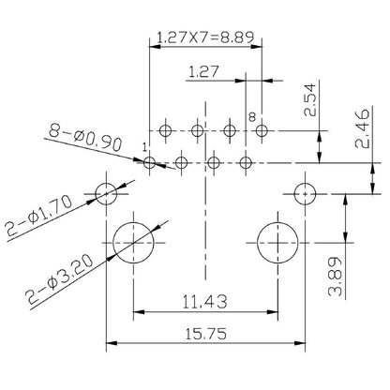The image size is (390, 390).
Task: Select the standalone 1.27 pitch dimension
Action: (x=204, y=70)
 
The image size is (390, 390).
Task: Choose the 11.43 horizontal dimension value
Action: (x=204, y=301)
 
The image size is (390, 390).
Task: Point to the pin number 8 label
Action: (x=251, y=115)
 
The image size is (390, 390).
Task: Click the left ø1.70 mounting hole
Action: (x=105, y=194)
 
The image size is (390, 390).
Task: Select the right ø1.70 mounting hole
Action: (x=306, y=194)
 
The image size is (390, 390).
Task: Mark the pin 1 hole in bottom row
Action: (x=150, y=163)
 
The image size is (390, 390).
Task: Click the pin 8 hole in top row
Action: (x=262, y=129)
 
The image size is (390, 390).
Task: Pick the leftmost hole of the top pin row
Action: (x=166, y=129)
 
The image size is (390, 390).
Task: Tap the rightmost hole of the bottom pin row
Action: (x=246, y=163)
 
